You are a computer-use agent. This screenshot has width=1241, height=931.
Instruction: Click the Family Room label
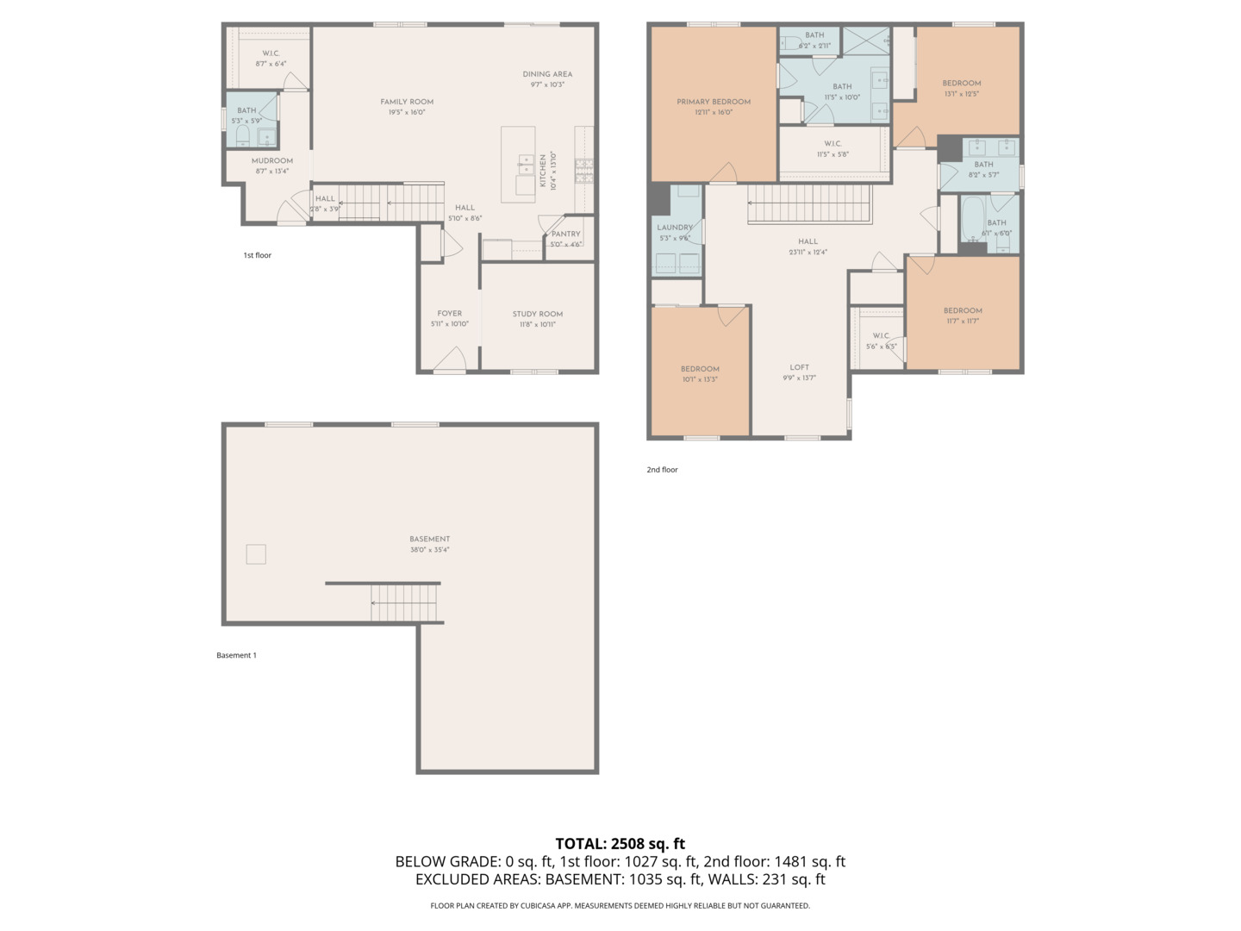pyautogui.click(x=407, y=102)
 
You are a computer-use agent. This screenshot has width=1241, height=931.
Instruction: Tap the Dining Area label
pyautogui.click(x=547, y=74)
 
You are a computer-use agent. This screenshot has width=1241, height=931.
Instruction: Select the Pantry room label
pyautogui.click(x=566, y=234)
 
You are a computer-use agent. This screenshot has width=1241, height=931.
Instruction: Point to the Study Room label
pyautogui.click(x=538, y=314)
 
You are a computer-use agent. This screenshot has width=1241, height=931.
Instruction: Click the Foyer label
pyautogui.click(x=450, y=314)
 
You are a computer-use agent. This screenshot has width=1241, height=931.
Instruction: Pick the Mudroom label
pyautogui.click(x=272, y=161)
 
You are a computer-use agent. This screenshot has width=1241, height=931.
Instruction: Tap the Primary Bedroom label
pyautogui.click(x=714, y=102)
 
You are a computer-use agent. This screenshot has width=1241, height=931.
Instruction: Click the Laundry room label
pyautogui.click(x=675, y=228)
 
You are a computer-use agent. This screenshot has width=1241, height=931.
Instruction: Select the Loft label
pyautogui.click(x=800, y=367)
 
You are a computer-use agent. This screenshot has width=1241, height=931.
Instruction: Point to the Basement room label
pyautogui.click(x=430, y=539)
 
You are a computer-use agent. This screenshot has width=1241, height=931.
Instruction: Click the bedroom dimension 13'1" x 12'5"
pyautogui.click(x=962, y=94)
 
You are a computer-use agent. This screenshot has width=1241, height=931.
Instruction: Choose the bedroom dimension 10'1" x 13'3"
pyautogui.click(x=700, y=379)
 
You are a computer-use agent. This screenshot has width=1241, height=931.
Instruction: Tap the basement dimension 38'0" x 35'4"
pyautogui.click(x=430, y=550)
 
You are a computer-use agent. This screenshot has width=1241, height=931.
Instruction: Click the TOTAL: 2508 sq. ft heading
pyautogui.click(x=620, y=843)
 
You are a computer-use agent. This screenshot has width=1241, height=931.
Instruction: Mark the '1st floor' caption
pyautogui.click(x=258, y=255)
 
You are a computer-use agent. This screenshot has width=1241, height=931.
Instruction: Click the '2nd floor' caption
pyautogui.click(x=663, y=470)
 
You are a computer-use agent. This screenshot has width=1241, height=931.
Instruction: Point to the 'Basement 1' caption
pyautogui.click(x=237, y=655)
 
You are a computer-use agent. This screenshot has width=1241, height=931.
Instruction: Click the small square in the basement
pyautogui.click(x=256, y=554)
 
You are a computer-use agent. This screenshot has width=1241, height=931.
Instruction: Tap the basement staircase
pyautogui.click(x=404, y=602)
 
